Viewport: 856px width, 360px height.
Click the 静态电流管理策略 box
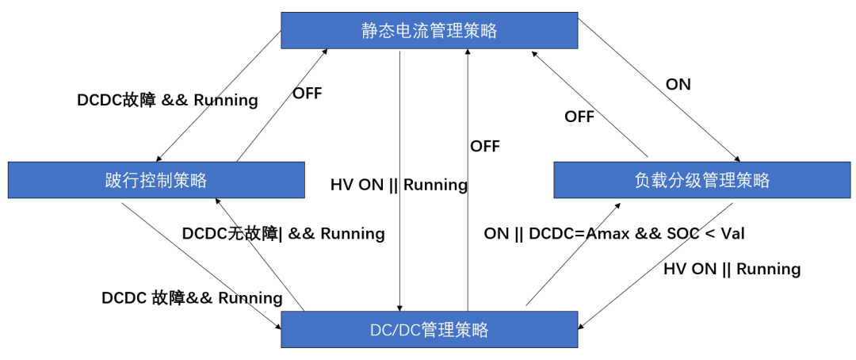point(429,31)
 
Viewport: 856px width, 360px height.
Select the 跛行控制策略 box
point(156,180)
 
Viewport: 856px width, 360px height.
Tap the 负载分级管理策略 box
point(701,180)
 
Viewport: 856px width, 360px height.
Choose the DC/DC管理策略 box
point(429,329)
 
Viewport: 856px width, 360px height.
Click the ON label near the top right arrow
point(678,84)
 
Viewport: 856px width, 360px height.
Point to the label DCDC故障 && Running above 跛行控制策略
point(167,100)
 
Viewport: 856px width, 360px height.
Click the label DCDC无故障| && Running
point(283,233)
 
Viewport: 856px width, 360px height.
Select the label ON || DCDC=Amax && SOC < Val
point(613,233)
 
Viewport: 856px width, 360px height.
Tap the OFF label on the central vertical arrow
point(484,146)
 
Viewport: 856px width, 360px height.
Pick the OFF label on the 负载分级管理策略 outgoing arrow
point(579,117)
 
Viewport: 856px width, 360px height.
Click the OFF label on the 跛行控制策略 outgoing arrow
point(307,93)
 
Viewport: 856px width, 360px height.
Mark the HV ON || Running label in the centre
point(398,185)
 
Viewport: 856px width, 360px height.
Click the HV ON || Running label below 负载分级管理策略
point(731,269)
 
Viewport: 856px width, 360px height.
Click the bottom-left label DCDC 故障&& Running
point(192,298)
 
